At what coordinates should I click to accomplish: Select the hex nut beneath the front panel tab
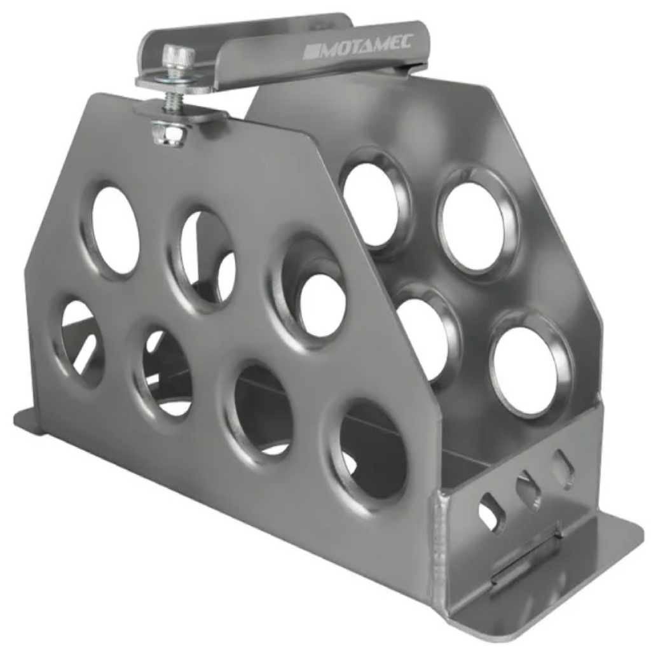[x=169, y=134]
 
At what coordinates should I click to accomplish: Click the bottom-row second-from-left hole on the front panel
[x=166, y=372]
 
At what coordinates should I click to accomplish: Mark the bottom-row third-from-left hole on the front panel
[x=263, y=410]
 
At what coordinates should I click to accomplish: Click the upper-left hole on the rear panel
[x=373, y=204]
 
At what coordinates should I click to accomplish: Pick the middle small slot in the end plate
[x=528, y=490]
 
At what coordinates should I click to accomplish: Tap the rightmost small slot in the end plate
[x=563, y=469]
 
